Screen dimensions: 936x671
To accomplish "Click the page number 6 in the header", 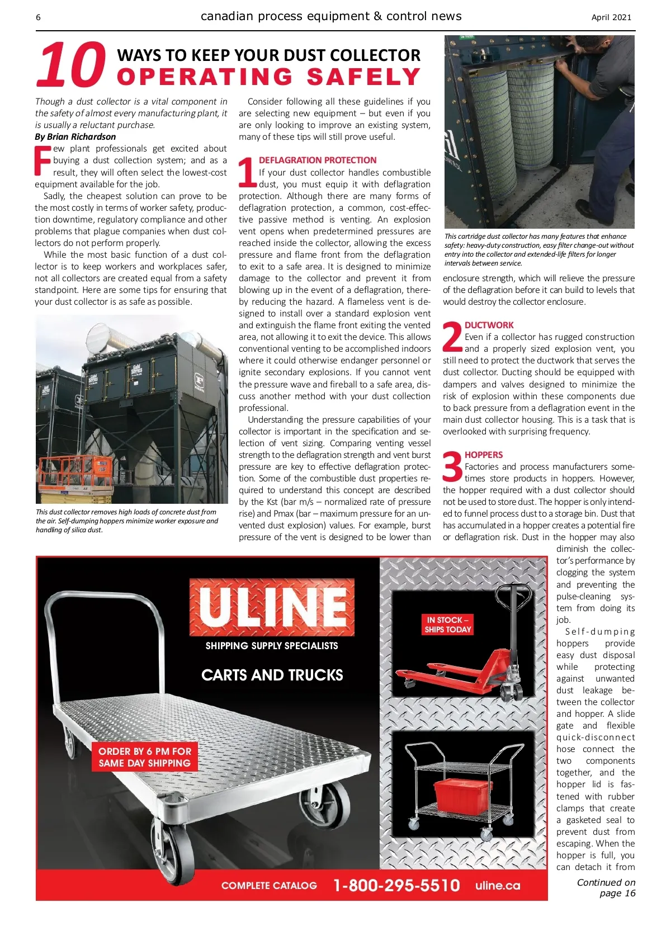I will click(x=38, y=17).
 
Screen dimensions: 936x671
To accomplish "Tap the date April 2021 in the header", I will click(x=611, y=17).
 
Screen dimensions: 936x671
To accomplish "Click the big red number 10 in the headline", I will click(x=72, y=65).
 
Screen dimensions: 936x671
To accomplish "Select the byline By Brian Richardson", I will click(x=75, y=136).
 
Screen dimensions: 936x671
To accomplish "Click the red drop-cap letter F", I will click(x=43, y=160).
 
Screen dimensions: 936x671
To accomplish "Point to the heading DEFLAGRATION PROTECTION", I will click(x=318, y=160).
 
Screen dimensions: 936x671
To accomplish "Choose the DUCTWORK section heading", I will click(x=489, y=325).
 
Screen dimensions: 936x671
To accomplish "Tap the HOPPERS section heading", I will click(x=484, y=455).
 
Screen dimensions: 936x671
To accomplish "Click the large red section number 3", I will click(x=452, y=467).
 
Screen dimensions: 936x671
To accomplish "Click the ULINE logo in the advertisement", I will click(x=272, y=607).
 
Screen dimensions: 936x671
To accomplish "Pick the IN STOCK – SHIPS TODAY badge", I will click(x=447, y=625).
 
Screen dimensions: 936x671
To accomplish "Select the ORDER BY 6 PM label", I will click(x=145, y=757).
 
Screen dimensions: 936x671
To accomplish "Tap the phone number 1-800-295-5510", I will click(x=396, y=886).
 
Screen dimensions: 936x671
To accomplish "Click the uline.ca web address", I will click(x=498, y=886).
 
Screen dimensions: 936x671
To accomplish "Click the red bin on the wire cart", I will click(x=463, y=795).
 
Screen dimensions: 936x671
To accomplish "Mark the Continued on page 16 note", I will click(x=606, y=888).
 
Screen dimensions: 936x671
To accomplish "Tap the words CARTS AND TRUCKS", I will click(x=272, y=675).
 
